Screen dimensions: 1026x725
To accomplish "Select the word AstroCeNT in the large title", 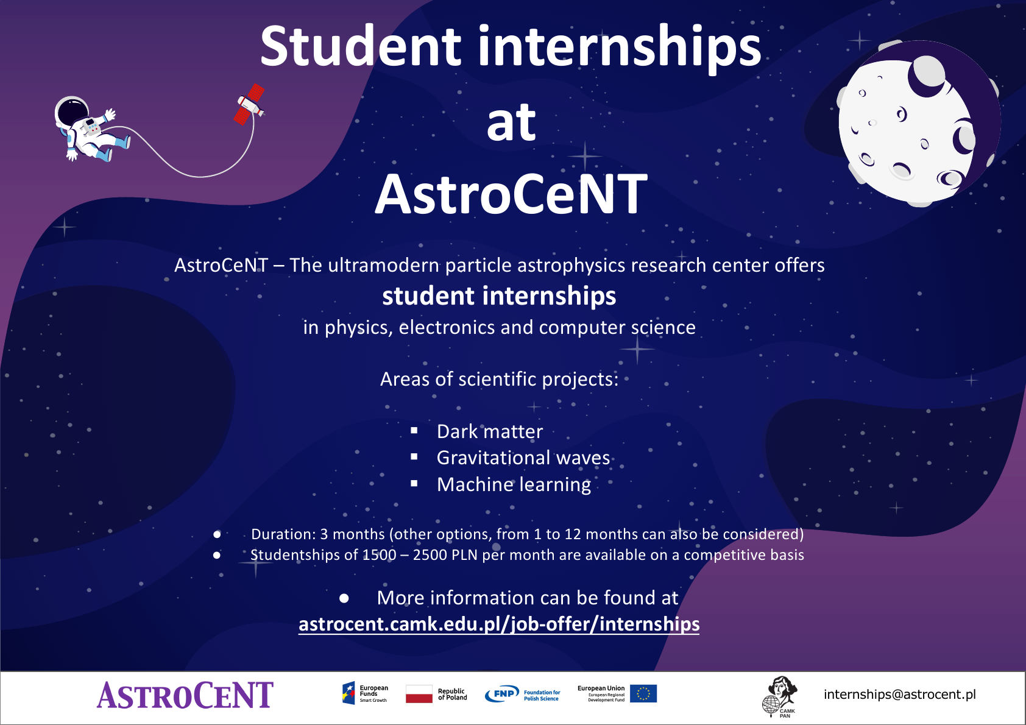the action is pyautogui.click(x=511, y=194).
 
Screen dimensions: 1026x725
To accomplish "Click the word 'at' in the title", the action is pyautogui.click(x=511, y=122).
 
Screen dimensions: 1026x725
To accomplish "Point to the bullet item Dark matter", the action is pyautogui.click(x=490, y=431).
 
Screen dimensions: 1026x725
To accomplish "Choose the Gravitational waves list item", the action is pyautogui.click(x=523, y=458).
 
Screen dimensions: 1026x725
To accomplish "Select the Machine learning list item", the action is pyautogui.click(x=514, y=484).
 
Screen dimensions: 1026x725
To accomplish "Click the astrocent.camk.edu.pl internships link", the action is pyautogui.click(x=499, y=624).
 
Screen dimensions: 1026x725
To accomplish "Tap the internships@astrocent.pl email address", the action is pyautogui.click(x=900, y=695).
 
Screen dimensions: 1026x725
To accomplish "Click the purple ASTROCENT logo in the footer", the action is pyautogui.click(x=185, y=695).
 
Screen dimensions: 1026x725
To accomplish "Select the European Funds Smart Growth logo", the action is pyautogui.click(x=365, y=693).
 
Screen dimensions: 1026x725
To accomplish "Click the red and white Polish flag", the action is pyautogui.click(x=419, y=694).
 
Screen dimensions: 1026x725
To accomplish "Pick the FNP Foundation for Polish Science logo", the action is pyautogui.click(x=522, y=695).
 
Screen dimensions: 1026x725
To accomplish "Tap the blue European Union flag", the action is pyautogui.click(x=643, y=693).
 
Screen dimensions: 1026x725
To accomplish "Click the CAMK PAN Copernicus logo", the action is pyautogui.click(x=780, y=697).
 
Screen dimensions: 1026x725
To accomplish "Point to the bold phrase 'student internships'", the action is pyautogui.click(x=499, y=296).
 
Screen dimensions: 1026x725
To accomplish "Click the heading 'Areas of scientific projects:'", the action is pyautogui.click(x=499, y=380).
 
